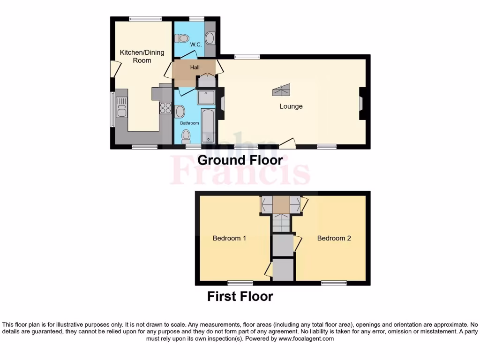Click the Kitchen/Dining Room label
[142, 56]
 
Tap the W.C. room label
[195, 45]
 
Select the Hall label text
[195, 67]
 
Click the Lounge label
[291, 106]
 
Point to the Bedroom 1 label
[229, 238]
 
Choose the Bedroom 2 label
[334, 238]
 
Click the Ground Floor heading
[240, 160]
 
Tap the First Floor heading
[240, 296]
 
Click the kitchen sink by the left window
[122, 107]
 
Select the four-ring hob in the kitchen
[165, 108]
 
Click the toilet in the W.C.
[183, 38]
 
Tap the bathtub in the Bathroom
[208, 126]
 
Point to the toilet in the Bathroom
[186, 136]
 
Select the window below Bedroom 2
[334, 283]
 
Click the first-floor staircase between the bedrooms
[282, 222]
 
